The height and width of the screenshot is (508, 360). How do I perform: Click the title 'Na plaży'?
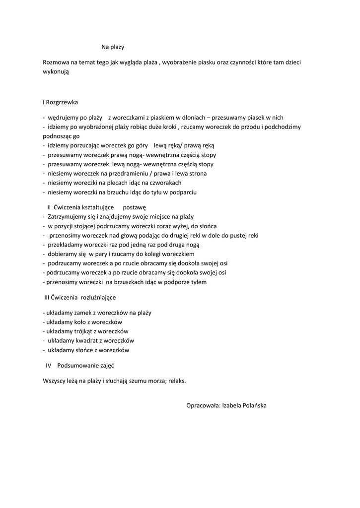[113, 48]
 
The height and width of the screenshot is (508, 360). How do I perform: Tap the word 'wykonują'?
[56, 72]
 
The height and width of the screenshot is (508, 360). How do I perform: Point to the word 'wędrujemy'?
[63, 118]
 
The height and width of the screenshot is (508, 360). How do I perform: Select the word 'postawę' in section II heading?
[134, 207]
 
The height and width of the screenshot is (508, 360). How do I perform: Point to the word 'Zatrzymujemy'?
[68, 216]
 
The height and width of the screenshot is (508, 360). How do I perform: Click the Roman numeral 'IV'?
[49, 366]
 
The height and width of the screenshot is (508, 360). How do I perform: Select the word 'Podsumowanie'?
[78, 366]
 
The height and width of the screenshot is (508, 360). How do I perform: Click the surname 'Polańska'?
[253, 405]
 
